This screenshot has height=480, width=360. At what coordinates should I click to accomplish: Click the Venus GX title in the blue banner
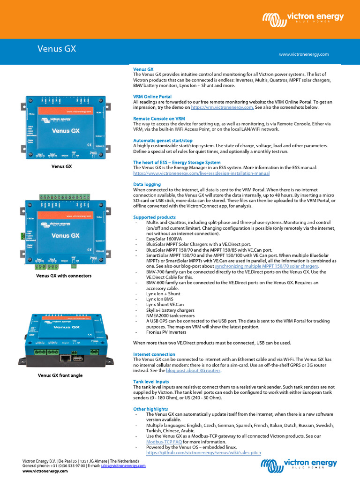pyautogui.click(x=56, y=49)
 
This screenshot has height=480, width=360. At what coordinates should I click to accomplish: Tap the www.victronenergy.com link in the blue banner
pyautogui.click(x=304, y=54)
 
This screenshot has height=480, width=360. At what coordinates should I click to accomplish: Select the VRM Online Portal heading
pyautogui.click(x=152, y=97)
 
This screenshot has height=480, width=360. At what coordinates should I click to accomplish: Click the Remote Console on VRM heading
pyautogui.click(x=159, y=119)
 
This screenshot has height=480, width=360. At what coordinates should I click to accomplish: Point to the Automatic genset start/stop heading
pyautogui.click(x=163, y=141)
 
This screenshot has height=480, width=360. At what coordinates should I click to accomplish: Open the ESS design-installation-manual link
pyautogui.click(x=202, y=173)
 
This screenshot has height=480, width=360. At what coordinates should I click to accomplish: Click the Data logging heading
pyautogui.click(x=147, y=184)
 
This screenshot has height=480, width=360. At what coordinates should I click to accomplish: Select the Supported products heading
pyautogui.click(x=154, y=217)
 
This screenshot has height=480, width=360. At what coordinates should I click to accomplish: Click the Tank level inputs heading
pyautogui.click(x=151, y=382)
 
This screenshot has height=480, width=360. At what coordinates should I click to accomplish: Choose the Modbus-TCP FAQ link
pyautogui.click(x=164, y=442)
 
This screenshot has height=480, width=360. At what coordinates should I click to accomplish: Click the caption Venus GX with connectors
pyautogui.click(x=64, y=276)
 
